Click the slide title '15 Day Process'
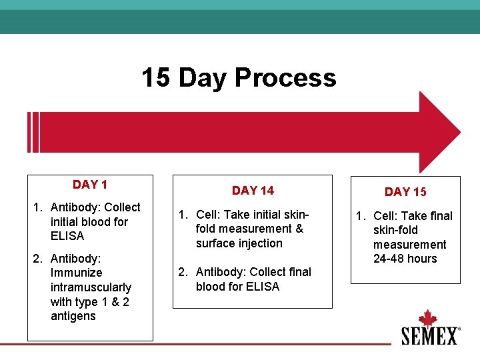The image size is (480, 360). pos(239,78)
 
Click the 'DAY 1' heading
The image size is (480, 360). pos(90,185)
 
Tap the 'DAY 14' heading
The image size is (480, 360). pos(253,191)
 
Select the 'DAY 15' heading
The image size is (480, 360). pos(405,192)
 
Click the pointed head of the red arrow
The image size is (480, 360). pos(440,133)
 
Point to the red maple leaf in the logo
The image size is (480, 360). pos(427,318)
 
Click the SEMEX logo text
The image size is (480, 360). pos(429,335)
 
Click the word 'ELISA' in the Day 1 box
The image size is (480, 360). pos(67,236)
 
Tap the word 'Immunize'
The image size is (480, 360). pos(77,273)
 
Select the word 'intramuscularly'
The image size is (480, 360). pos(91,287)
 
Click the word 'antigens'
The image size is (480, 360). pos(73,316)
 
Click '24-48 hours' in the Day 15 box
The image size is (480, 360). pos(405,259)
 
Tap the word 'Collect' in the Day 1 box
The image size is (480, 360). pos(123,207)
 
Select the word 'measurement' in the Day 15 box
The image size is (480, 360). pos(410,245)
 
